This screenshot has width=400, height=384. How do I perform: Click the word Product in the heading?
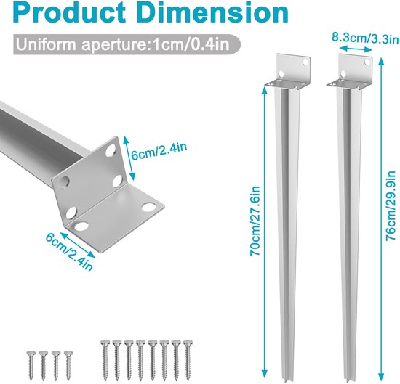click(x=70, y=13)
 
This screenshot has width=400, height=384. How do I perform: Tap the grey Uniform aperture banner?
click(x=127, y=44)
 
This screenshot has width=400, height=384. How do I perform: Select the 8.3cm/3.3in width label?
click(x=365, y=38)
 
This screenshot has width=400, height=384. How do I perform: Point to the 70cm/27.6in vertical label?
click(x=255, y=221)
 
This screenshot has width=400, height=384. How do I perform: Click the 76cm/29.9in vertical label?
click(x=391, y=205)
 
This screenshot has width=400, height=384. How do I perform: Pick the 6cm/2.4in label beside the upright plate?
click(x=159, y=151)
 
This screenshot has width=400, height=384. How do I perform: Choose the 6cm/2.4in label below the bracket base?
click(x=69, y=252)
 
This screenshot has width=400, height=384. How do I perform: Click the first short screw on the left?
click(x=31, y=366)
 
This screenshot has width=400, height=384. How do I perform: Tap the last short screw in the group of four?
click(x=68, y=366)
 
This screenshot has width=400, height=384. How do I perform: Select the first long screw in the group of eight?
click(x=105, y=360)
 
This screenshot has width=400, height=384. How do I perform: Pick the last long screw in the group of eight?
click(x=188, y=360)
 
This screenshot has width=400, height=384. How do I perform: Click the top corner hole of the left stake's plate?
click(x=305, y=62)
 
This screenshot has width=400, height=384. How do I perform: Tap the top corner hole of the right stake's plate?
click(x=367, y=62)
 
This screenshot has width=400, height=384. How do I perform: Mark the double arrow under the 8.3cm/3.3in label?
click(x=356, y=49)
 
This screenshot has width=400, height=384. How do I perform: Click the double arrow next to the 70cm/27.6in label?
click(x=265, y=232)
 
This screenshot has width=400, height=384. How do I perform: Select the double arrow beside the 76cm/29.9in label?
click(x=381, y=219)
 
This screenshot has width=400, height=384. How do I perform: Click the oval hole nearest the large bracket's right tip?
click(x=148, y=207)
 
